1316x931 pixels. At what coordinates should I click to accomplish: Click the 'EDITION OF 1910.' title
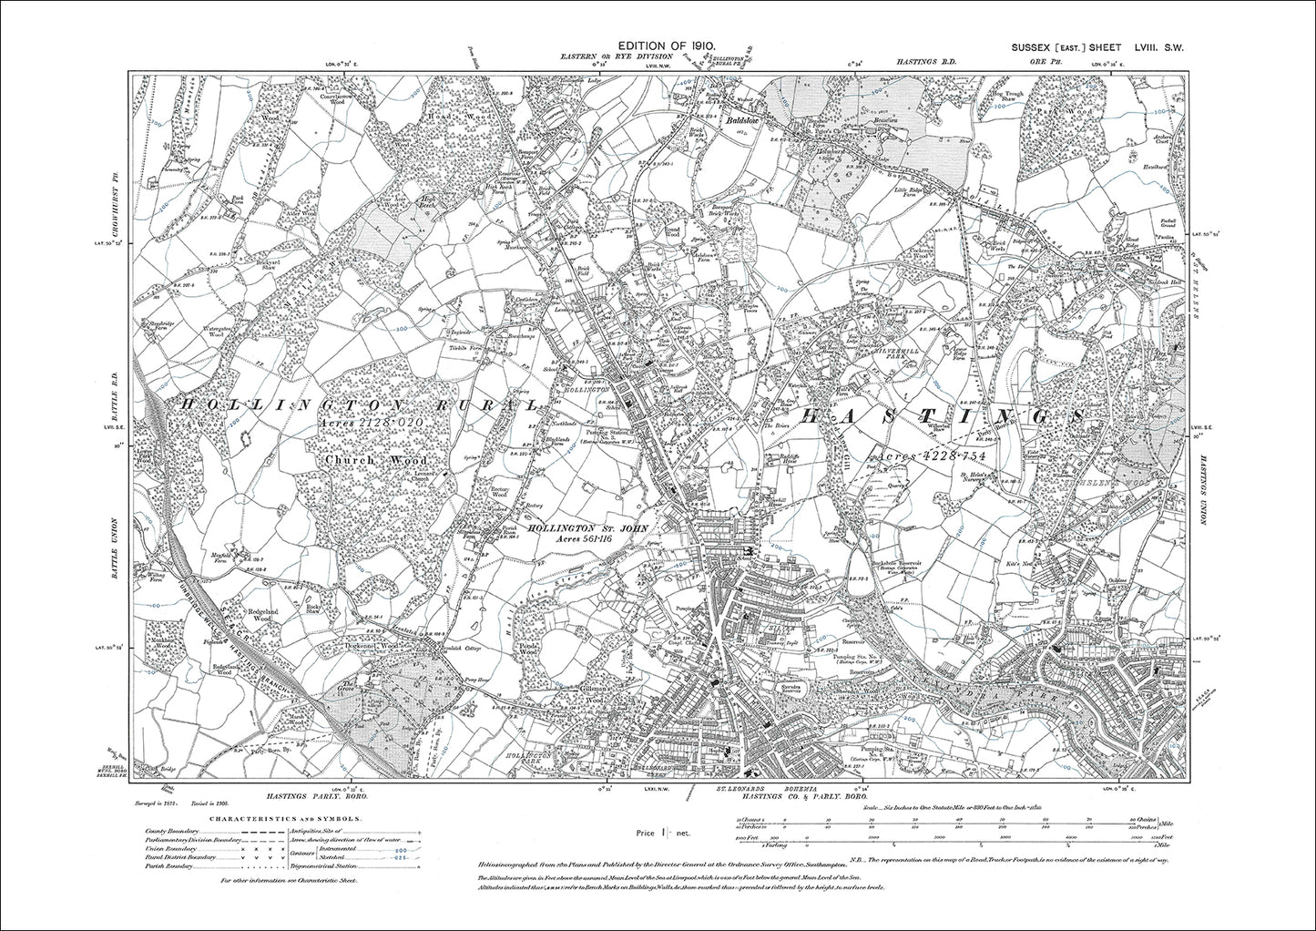pos(668,45)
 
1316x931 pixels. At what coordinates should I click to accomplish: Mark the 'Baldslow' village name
pos(746,119)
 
